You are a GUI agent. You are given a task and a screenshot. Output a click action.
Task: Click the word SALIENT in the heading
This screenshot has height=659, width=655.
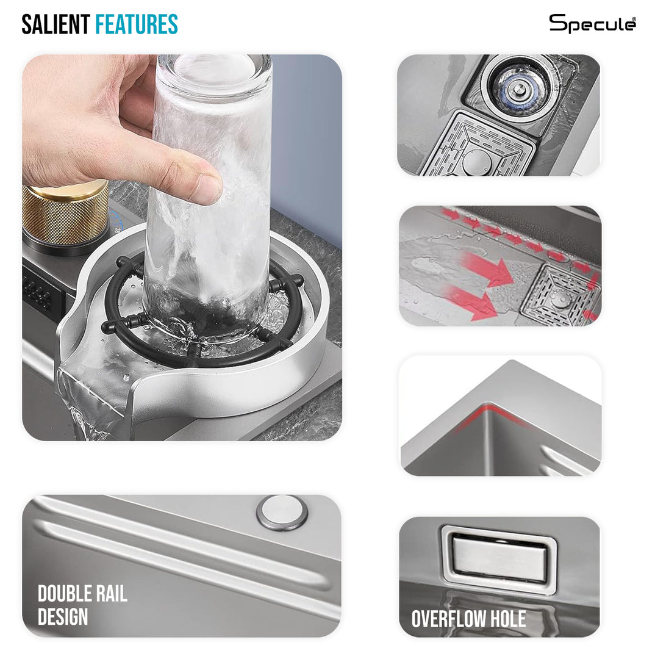[55, 24]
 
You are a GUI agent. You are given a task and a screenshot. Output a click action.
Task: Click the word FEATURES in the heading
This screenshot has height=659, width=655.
[137, 24]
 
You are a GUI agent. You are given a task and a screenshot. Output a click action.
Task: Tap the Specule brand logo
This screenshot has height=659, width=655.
[592, 23]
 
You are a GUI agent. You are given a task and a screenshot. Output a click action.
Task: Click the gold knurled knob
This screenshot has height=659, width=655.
[65, 214]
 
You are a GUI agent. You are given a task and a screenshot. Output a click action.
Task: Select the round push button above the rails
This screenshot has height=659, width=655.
[282, 513]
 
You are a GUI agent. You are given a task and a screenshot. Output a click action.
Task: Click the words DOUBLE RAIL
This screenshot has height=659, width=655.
[82, 594]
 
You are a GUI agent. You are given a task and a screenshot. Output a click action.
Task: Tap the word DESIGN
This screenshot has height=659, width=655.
[63, 616]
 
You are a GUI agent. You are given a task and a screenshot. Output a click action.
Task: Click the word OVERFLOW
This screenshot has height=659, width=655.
[449, 619]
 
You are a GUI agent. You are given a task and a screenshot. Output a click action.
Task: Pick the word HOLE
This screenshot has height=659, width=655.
[508, 619]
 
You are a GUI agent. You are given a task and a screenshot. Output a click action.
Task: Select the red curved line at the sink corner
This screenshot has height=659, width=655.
[492, 414]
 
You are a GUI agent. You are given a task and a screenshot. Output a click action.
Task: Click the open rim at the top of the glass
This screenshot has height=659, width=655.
[215, 67]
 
